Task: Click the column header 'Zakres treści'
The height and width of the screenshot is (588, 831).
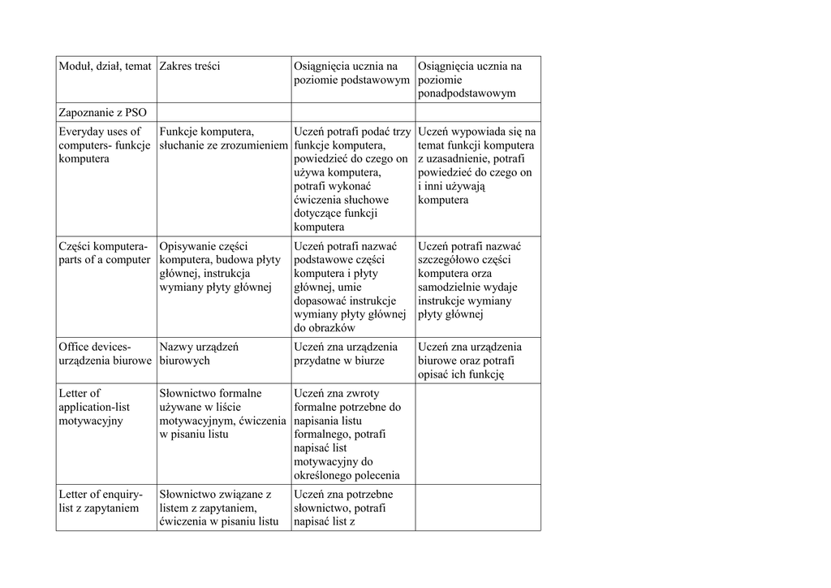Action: (190, 66)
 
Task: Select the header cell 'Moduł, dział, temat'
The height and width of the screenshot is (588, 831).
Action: (105, 66)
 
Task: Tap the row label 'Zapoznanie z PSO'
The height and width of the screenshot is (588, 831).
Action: (102, 112)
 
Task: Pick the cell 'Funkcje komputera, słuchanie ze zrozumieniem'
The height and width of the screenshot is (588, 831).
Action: (223, 138)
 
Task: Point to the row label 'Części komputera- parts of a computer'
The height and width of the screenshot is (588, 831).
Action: (104, 253)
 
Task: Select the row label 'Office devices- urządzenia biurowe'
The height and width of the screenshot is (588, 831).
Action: (105, 353)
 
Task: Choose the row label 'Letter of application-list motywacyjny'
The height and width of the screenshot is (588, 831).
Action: (94, 407)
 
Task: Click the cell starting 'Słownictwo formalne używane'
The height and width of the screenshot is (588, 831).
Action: (222, 413)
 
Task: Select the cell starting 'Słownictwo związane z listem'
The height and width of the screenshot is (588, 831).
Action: (219, 507)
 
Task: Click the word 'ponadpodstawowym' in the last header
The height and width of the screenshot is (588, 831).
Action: (467, 93)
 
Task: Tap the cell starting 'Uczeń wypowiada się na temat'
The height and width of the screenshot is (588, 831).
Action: (476, 166)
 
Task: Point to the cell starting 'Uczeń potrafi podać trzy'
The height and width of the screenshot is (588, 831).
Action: (352, 179)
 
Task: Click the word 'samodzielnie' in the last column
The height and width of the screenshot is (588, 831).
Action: (450, 287)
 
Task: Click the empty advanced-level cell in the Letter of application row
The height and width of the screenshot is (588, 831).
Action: (477, 434)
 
